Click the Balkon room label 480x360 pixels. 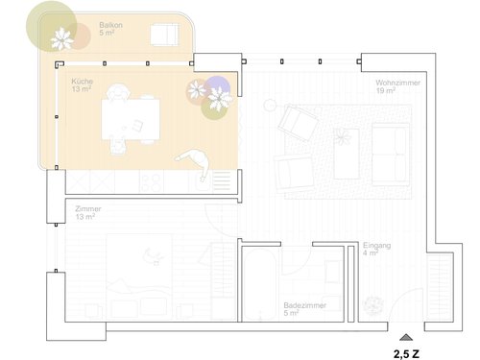pos(110,28)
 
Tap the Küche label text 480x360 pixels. pos(82,85)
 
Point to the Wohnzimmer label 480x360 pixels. pos(394,85)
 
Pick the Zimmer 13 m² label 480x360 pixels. pos(86,212)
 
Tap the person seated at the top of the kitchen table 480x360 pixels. pos(119,93)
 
